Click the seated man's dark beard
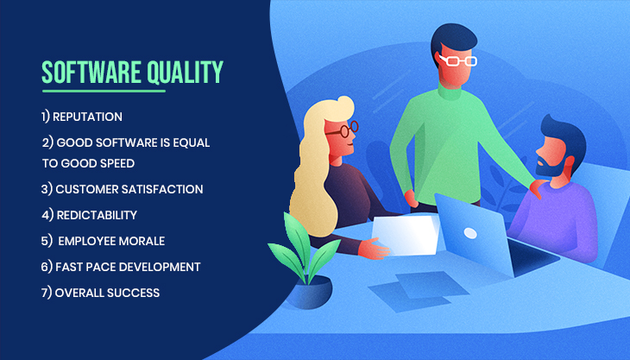point(550,164)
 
